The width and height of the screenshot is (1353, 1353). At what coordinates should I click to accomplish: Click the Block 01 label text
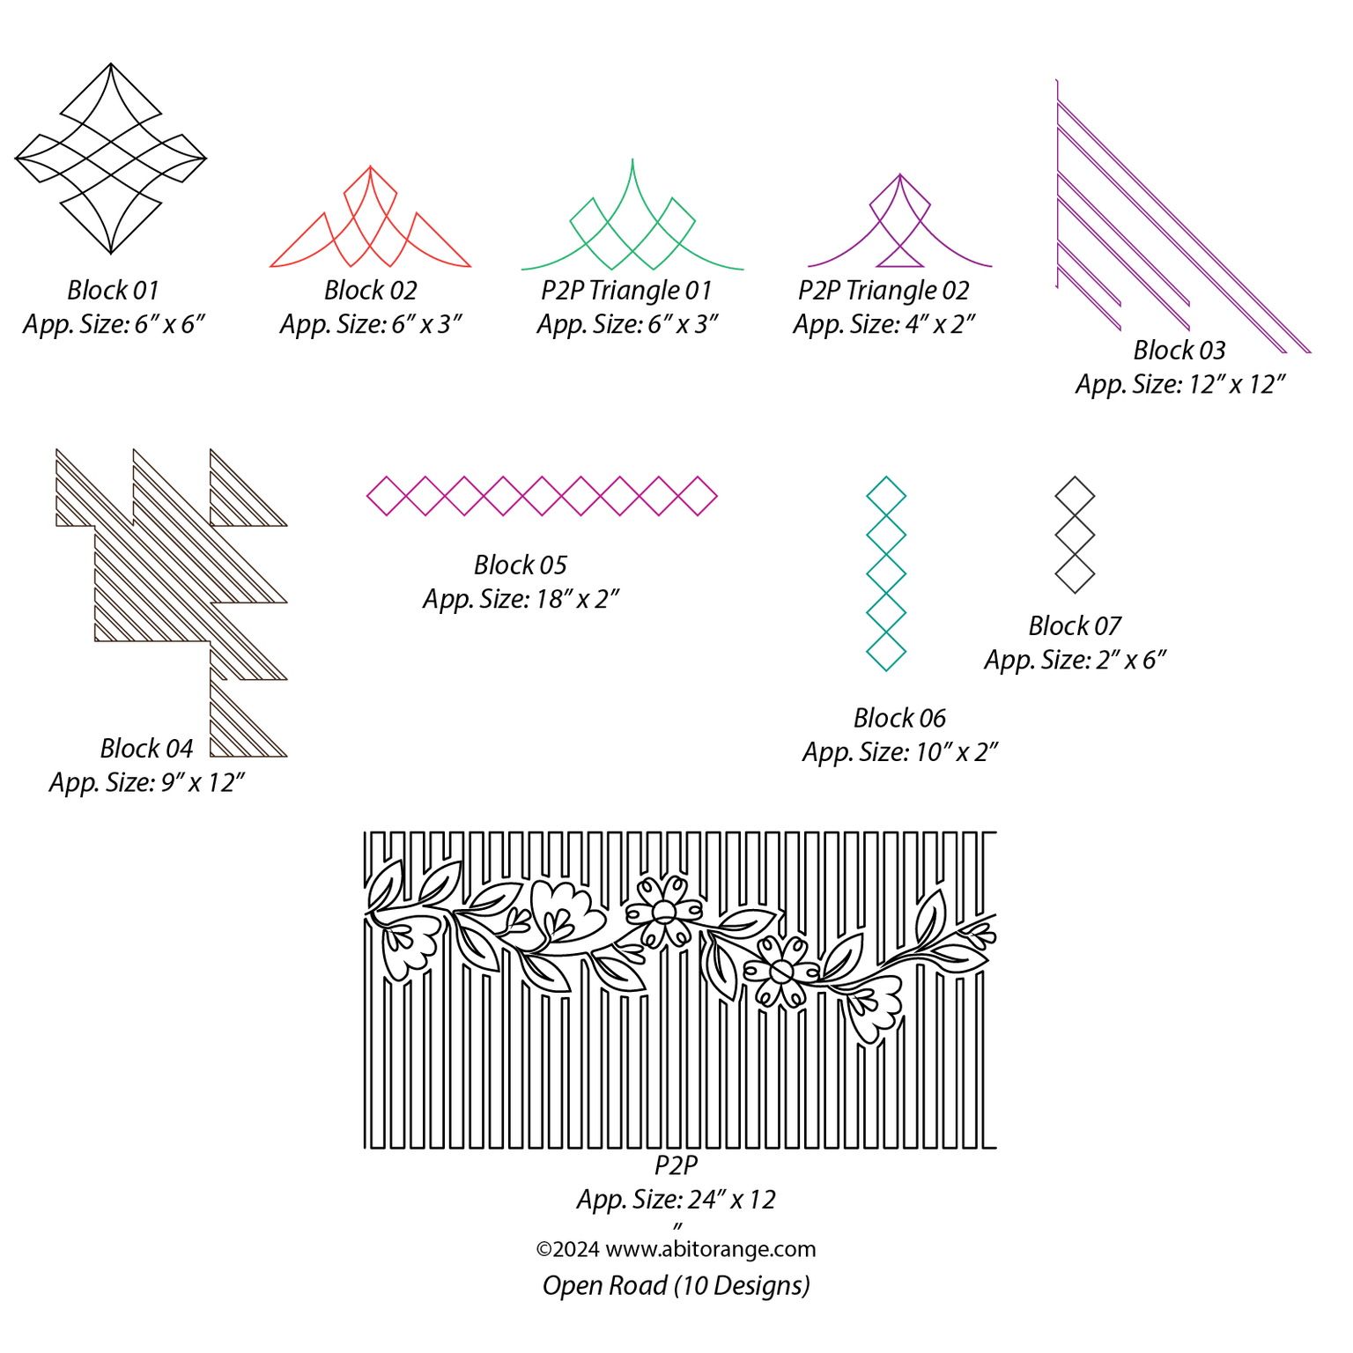pyautogui.click(x=113, y=291)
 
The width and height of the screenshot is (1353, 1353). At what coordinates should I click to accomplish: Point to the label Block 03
pyautogui.click(x=1179, y=351)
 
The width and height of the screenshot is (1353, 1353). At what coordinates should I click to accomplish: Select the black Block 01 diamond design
pyautogui.click(x=111, y=159)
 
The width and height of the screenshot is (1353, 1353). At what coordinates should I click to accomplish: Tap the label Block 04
pyautogui.click(x=146, y=749)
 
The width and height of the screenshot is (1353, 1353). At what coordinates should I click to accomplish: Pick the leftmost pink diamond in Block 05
pyautogui.click(x=386, y=496)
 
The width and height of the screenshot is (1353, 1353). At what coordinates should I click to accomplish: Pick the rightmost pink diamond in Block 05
pyautogui.click(x=699, y=496)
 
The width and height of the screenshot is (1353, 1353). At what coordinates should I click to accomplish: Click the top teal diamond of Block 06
pyautogui.click(x=886, y=496)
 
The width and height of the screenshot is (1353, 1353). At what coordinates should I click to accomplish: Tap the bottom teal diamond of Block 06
pyautogui.click(x=886, y=652)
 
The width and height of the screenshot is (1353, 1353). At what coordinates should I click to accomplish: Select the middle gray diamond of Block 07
pyautogui.click(x=1075, y=535)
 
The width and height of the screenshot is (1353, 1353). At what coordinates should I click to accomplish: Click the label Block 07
pyautogui.click(x=1075, y=626)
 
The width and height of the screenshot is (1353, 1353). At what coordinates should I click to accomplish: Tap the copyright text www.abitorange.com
pyautogui.click(x=710, y=1249)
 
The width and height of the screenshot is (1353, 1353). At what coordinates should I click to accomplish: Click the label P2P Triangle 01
pyautogui.click(x=626, y=291)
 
